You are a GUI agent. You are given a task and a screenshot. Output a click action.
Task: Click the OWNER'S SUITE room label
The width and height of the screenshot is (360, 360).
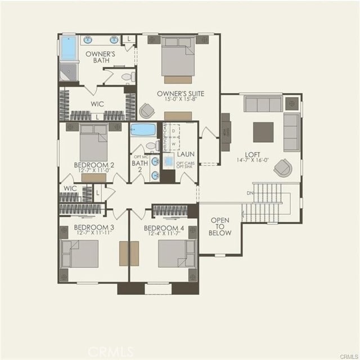(x=180, y=93)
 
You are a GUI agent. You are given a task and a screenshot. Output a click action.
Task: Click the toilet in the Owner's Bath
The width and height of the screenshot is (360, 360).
(x=127, y=76)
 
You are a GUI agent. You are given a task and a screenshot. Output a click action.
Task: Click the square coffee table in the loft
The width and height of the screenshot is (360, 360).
(x=263, y=132)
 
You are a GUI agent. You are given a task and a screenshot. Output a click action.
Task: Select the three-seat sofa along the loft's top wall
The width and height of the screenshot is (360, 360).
(x=263, y=104)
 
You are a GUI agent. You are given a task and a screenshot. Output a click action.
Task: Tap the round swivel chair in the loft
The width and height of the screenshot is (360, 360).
(x=282, y=168)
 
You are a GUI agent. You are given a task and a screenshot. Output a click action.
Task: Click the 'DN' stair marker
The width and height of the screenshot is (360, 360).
(x=250, y=192)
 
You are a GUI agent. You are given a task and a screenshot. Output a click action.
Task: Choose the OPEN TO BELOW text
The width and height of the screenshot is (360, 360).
(x=219, y=226)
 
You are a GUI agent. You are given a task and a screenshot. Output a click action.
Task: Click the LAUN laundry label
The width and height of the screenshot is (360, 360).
(x=186, y=154)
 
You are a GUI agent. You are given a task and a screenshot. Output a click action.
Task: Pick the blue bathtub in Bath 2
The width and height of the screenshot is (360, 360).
(x=143, y=130)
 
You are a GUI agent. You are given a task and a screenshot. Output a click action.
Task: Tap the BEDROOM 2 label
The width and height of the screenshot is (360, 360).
(x=94, y=165)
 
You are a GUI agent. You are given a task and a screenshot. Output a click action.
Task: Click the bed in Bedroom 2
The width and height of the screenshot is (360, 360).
(x=93, y=145)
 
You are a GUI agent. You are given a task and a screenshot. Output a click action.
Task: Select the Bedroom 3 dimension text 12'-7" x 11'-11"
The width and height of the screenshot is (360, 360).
(x=94, y=234)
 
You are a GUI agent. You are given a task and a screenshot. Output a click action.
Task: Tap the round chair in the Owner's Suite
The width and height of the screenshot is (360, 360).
(x=147, y=111)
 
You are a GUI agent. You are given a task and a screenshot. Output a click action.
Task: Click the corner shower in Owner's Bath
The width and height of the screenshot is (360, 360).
(x=68, y=72)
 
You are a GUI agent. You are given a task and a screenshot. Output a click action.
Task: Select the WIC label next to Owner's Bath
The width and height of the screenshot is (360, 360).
(x=97, y=104)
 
